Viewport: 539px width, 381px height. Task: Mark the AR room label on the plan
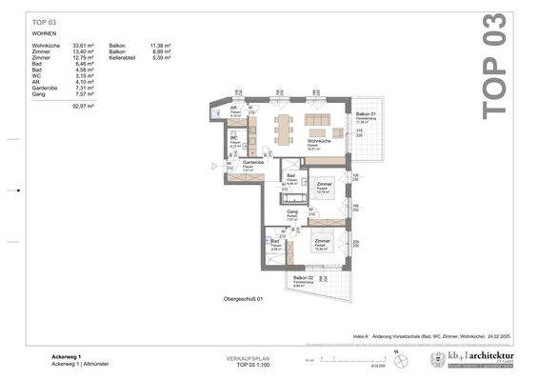[x=234, y=107]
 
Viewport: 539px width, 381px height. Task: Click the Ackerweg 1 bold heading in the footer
[x=68, y=357]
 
